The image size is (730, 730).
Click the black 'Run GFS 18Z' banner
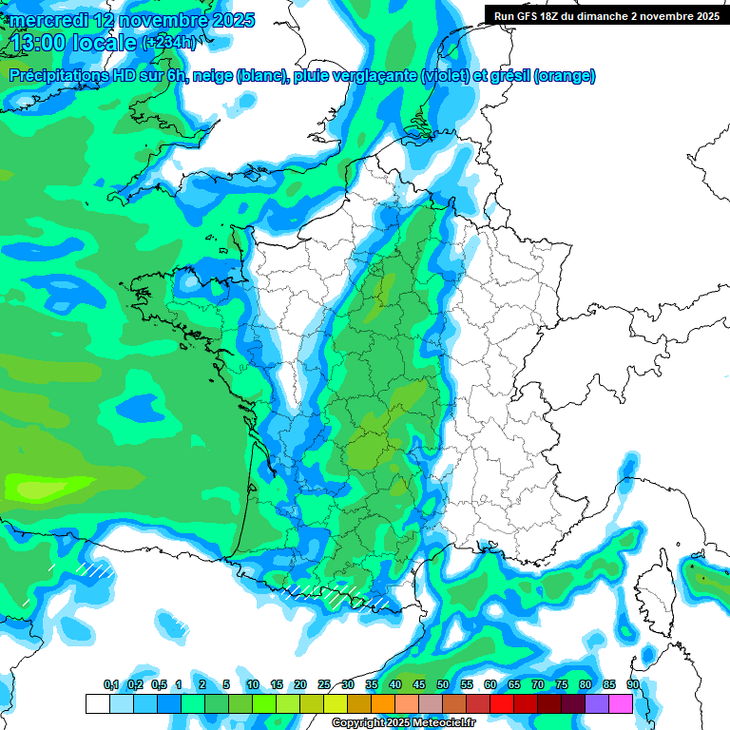(605, 15)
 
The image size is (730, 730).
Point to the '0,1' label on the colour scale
(111, 684)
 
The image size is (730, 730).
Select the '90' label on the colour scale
(632, 684)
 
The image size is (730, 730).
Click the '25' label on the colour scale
(324, 684)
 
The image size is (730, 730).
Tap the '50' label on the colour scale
(443, 684)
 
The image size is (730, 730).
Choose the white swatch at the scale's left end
(97, 703)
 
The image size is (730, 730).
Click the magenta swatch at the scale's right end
(621, 703)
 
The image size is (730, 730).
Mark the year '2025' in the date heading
(225, 20)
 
